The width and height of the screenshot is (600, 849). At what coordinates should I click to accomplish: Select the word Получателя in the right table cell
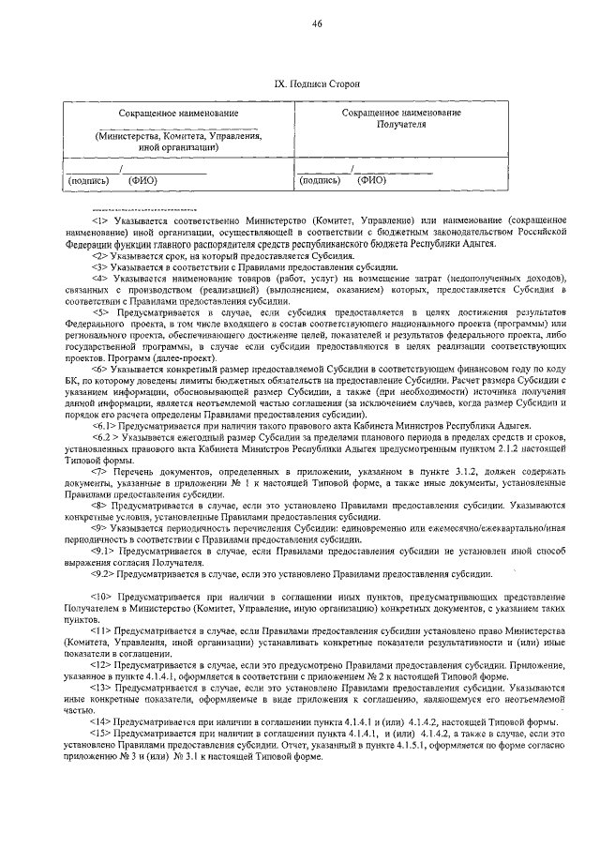point(400,123)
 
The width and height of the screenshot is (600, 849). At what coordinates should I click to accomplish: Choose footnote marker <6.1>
point(104,425)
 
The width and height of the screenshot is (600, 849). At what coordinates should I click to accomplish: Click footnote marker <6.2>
point(104,437)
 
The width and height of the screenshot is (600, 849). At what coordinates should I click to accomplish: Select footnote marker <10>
point(101,596)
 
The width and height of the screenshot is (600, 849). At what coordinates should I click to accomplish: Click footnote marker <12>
point(101,663)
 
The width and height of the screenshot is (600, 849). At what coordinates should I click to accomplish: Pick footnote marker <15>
point(101,732)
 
